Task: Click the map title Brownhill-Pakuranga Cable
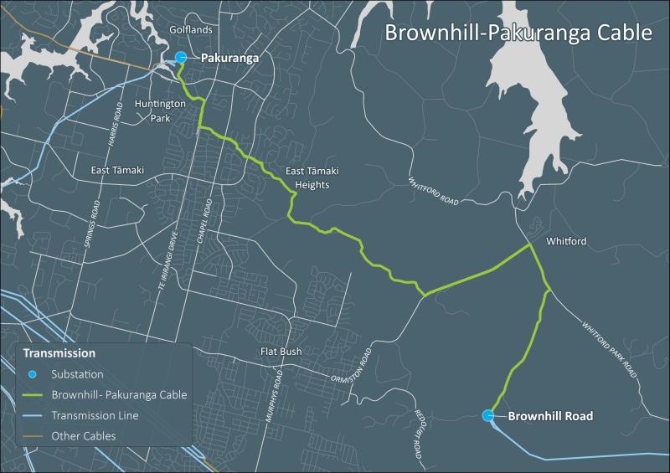click(518, 33)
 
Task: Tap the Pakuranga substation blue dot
click(182, 58)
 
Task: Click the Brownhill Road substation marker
click(488, 415)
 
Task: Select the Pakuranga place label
click(229, 59)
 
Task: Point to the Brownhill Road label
click(550, 416)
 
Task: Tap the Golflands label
click(191, 29)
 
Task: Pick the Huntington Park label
click(152, 111)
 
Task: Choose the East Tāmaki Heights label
click(307, 178)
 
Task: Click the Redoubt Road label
click(417, 433)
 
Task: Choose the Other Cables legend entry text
click(83, 436)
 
